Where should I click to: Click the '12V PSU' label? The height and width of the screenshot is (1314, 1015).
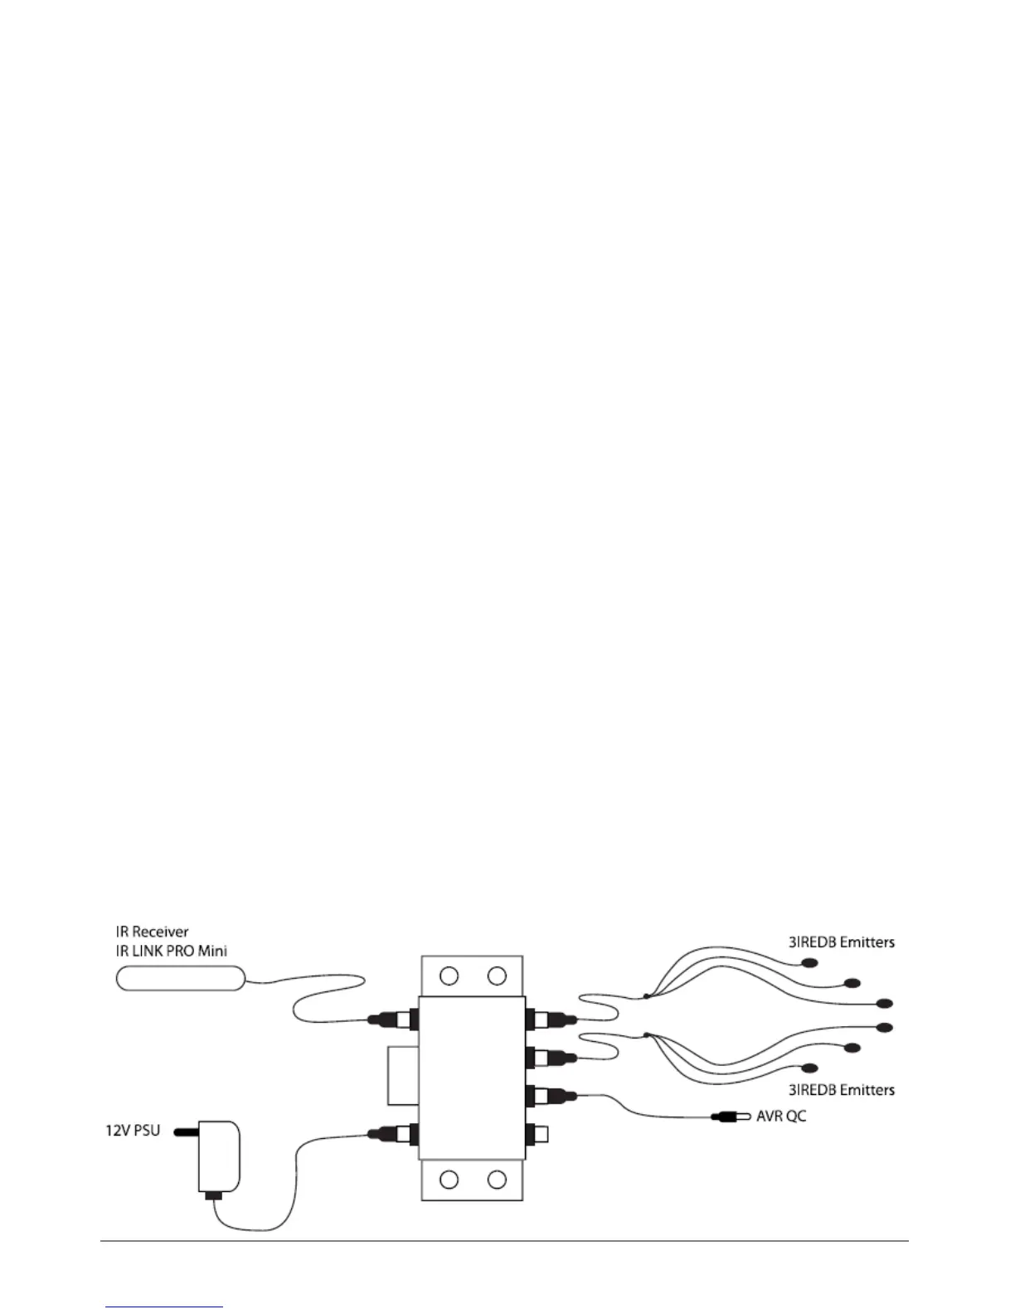tap(132, 1130)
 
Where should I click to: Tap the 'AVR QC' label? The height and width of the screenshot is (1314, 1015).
tap(780, 1116)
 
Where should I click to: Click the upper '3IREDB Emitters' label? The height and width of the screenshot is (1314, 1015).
tap(841, 942)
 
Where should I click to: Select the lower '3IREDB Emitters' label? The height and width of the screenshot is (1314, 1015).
tap(841, 1088)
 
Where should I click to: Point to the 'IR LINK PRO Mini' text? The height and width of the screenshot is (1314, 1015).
tap(171, 951)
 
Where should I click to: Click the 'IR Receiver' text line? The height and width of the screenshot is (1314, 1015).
tap(152, 932)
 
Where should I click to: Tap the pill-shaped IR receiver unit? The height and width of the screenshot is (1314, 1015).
tap(180, 979)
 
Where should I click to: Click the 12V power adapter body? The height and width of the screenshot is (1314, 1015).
tap(220, 1156)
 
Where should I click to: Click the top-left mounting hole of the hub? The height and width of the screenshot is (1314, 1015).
tap(449, 976)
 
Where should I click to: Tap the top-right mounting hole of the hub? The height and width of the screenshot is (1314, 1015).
tap(497, 976)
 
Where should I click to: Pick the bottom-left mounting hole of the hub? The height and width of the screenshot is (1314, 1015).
tap(449, 1179)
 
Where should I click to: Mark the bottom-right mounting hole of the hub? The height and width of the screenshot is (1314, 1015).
tap(497, 1179)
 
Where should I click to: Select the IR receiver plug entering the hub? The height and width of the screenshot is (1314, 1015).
tap(391, 1018)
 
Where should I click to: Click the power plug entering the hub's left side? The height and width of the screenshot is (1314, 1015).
tap(391, 1131)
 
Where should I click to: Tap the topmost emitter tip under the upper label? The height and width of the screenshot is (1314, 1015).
tap(809, 962)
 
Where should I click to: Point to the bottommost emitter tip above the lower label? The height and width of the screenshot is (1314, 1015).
tap(809, 1068)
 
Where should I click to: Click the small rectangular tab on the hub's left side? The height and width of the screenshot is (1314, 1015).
tap(403, 1076)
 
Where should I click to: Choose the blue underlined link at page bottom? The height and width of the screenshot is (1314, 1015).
tap(164, 1307)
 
